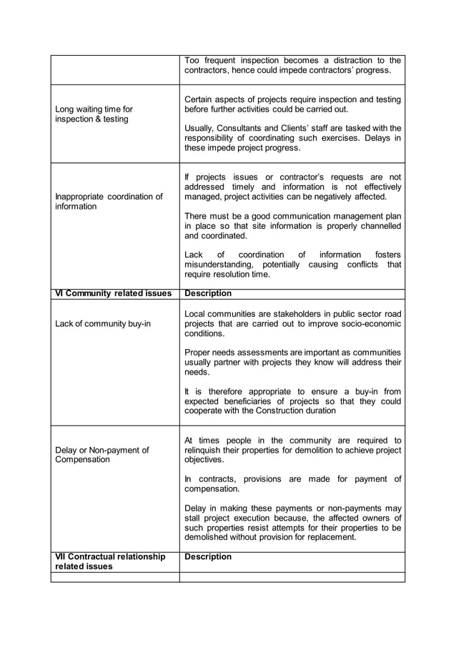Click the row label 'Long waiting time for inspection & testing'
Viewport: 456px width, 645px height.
click(x=94, y=114)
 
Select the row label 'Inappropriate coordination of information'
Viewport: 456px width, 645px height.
click(x=109, y=201)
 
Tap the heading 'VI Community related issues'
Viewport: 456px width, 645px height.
click(x=113, y=293)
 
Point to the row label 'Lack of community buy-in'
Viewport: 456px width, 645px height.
click(x=103, y=324)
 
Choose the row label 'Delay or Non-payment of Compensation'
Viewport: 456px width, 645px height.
click(x=102, y=455)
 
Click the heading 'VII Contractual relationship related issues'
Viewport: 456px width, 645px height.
click(x=110, y=561)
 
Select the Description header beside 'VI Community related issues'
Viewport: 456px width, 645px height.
click(x=208, y=293)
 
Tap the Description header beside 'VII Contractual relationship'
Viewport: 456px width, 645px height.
click(x=208, y=556)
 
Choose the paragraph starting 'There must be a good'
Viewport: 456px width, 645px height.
click(x=292, y=225)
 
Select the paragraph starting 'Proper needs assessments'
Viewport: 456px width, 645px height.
click(x=292, y=362)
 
